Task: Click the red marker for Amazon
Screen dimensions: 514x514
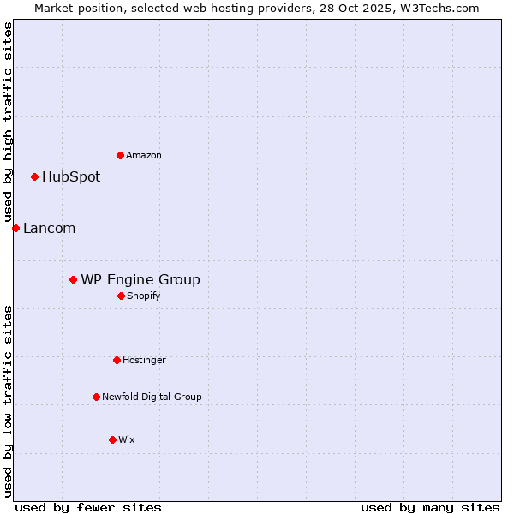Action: [x=120, y=155]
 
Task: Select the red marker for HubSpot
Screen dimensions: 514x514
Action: [x=34, y=176]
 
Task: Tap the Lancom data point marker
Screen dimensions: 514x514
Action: [x=15, y=228]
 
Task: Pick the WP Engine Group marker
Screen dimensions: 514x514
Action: [x=73, y=279]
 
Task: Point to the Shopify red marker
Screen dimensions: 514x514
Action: [x=121, y=296]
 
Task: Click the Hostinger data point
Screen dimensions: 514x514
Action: [x=117, y=360]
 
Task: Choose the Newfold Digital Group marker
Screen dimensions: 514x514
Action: [x=96, y=397]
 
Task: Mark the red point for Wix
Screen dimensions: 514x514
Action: [x=112, y=439]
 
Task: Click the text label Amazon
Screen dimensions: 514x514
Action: [x=144, y=156]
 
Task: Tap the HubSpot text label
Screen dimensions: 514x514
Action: [x=71, y=177]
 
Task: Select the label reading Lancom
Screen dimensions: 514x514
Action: [x=49, y=229]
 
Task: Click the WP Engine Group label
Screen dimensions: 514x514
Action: [x=140, y=280]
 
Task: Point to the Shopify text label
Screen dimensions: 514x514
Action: [x=144, y=296]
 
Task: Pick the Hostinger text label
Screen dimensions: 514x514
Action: [x=144, y=361]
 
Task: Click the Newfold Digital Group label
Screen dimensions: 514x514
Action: [x=152, y=397]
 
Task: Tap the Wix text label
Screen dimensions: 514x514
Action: [x=127, y=440]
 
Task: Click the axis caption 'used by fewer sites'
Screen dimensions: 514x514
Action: [x=88, y=507]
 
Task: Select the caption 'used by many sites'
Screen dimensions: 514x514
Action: [x=430, y=507]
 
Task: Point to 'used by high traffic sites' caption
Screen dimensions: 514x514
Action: [x=8, y=123]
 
